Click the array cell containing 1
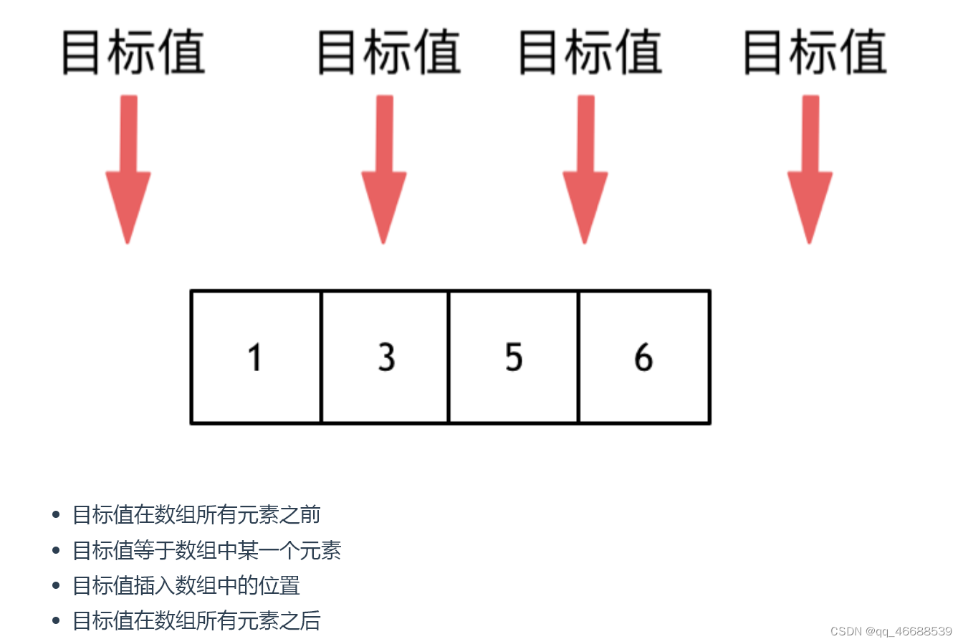256,357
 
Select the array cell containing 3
385,357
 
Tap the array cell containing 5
513,357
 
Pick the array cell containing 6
643,357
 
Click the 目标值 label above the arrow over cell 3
388,52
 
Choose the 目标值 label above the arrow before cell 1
133,52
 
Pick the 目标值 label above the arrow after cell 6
815,52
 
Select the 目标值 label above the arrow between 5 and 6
590,52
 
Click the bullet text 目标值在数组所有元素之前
196,514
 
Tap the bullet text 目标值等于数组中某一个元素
206,550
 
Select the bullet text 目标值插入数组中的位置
186,585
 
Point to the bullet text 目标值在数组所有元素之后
196,620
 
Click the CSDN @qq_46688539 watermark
891,631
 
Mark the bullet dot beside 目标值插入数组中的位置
56,585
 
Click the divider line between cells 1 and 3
321,357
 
